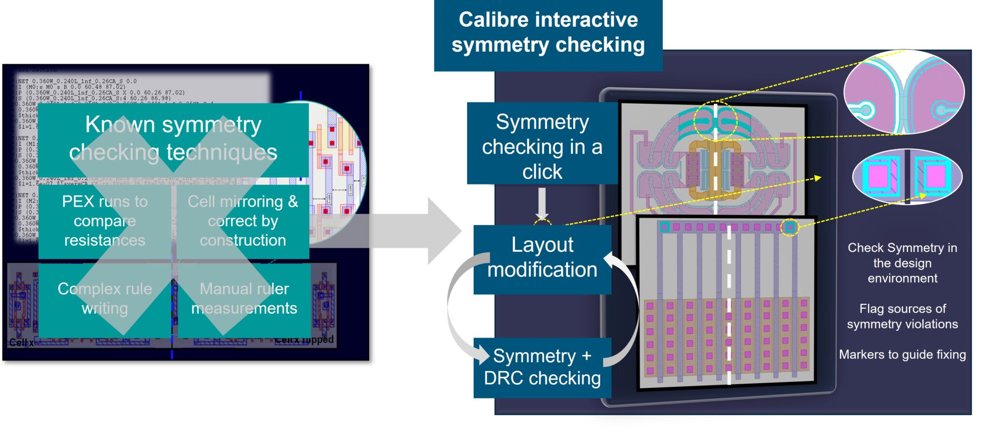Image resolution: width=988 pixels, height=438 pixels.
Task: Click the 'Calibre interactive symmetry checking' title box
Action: point(548,33)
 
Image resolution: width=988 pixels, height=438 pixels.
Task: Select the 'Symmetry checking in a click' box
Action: point(542,146)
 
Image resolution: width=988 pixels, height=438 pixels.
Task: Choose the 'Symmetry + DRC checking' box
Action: point(542,367)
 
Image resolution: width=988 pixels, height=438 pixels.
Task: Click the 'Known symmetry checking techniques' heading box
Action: point(173,139)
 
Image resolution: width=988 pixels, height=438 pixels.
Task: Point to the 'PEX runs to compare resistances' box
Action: point(105,221)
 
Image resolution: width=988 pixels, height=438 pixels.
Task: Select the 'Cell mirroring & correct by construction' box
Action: point(243,221)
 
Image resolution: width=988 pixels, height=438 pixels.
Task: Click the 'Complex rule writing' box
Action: point(105,298)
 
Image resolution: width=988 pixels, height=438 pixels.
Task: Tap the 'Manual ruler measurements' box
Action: point(244,298)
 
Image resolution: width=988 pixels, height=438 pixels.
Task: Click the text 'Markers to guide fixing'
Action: point(902,354)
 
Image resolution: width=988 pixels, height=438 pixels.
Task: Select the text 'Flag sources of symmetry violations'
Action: point(902,316)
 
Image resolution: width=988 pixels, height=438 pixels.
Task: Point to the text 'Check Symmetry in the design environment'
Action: point(902,263)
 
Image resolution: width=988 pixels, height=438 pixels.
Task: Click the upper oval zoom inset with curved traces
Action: point(904,92)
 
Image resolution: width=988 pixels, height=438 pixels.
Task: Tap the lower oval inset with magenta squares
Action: point(907,177)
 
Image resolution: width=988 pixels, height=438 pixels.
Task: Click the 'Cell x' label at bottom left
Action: point(21,342)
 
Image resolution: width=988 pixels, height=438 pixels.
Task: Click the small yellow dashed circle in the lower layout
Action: point(790,227)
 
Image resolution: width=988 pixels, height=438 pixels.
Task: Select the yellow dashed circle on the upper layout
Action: point(715,121)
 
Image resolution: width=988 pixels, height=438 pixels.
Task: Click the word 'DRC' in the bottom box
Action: point(504,379)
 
